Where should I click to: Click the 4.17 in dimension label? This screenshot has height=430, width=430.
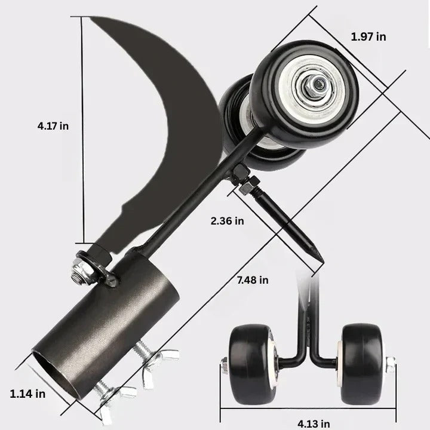coord(53,126)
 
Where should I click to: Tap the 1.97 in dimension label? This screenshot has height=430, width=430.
coord(368,37)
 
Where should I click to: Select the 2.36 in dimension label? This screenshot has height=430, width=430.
coord(228,221)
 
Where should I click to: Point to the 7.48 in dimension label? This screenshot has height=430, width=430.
coord(251,279)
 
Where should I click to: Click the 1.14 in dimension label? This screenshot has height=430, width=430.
coord(27,394)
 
